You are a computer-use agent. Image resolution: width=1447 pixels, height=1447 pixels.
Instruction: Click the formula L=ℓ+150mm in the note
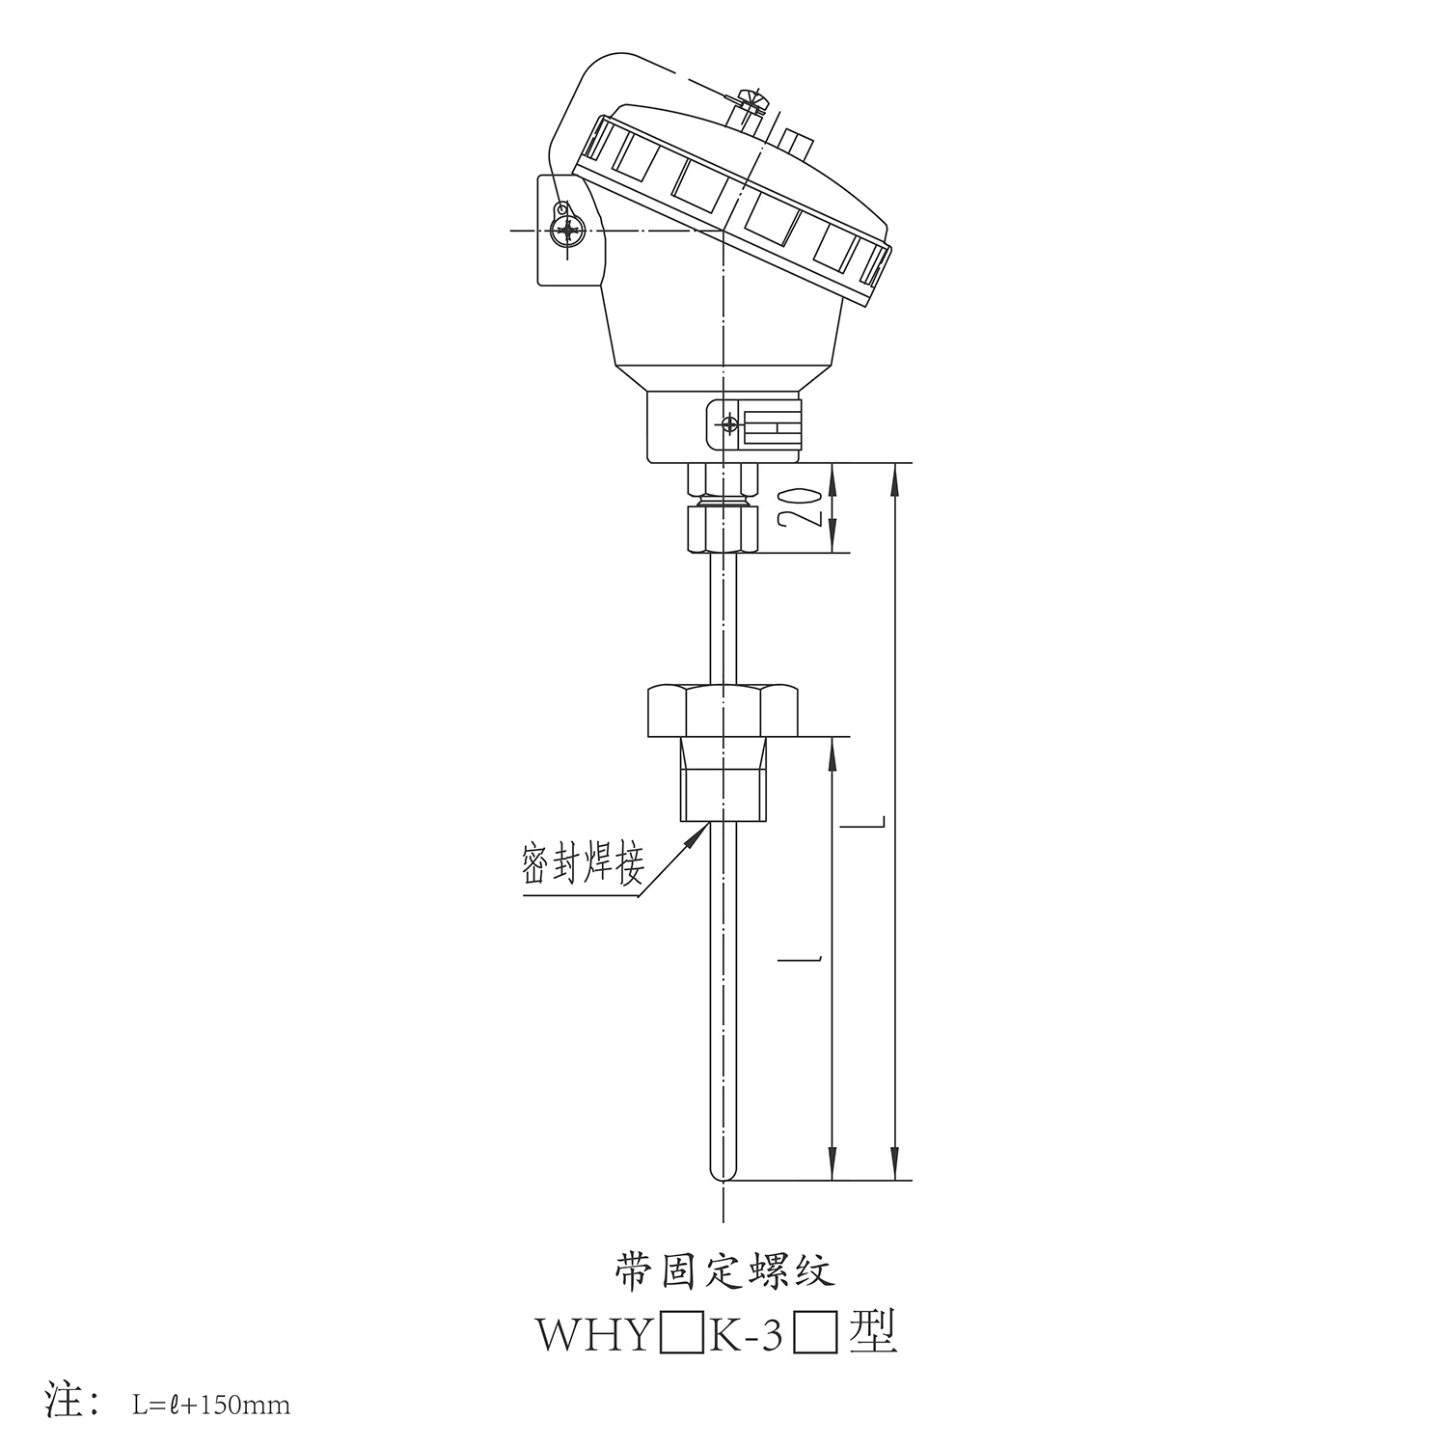(x=210, y=1405)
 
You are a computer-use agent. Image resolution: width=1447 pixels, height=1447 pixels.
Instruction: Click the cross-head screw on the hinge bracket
(x=568, y=232)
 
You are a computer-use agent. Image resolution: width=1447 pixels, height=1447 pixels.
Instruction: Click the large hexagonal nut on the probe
(x=722, y=709)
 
